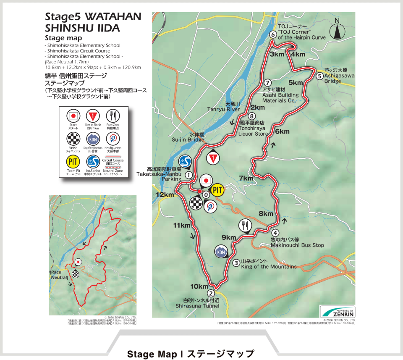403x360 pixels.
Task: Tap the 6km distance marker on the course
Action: (282, 131)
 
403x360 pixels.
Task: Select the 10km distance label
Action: (199, 286)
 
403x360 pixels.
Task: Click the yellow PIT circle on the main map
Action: (217, 190)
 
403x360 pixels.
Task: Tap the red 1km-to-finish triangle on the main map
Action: (213, 158)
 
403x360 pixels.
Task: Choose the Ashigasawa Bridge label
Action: (339, 79)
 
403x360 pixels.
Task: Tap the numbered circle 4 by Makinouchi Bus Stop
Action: (275, 233)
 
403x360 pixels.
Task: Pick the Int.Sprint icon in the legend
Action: (92, 162)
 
